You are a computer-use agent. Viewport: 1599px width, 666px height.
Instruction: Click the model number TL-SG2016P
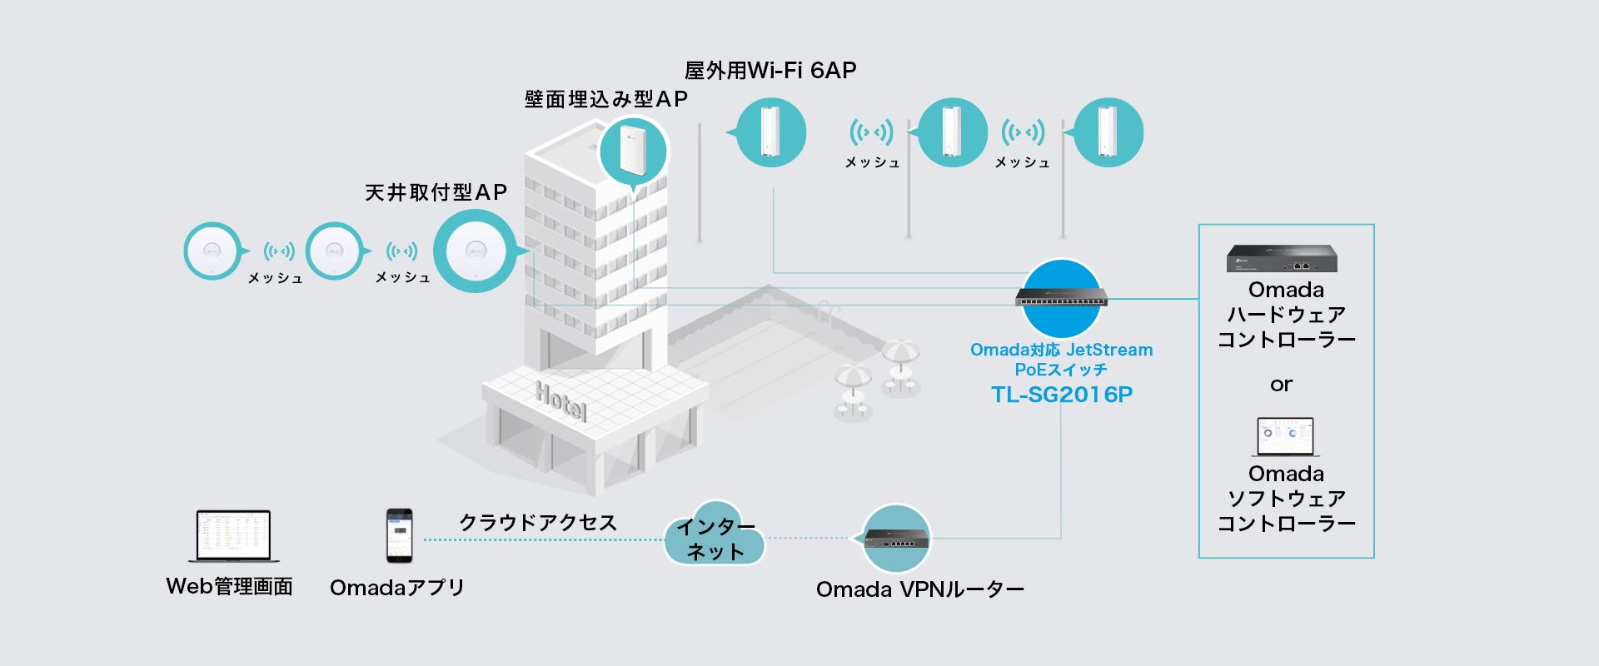(1062, 394)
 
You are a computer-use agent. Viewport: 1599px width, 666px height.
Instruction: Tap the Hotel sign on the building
(561, 401)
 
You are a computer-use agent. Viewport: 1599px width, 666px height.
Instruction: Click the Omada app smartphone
(399, 535)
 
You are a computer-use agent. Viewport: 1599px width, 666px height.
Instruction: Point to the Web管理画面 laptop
(233, 535)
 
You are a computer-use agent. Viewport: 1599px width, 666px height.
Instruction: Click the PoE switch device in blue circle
(1061, 297)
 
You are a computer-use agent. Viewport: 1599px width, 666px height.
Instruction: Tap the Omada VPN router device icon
(895, 539)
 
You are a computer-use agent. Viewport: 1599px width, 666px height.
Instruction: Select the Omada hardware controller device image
(1282, 258)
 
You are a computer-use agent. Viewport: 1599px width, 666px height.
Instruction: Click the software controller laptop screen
(1285, 435)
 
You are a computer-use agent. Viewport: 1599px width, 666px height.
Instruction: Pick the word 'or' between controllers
(1281, 385)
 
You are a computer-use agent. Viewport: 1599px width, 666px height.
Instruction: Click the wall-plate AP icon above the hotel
(633, 151)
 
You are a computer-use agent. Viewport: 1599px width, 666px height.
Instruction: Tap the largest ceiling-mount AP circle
(475, 251)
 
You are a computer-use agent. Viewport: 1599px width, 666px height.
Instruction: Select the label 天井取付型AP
(436, 192)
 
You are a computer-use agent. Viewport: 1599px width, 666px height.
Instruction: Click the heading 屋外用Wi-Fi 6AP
(770, 71)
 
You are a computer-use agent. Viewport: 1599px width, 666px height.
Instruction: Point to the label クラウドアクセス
(538, 522)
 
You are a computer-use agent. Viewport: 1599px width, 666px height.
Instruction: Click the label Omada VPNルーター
(919, 589)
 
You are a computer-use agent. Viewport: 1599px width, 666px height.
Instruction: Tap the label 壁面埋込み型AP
(606, 99)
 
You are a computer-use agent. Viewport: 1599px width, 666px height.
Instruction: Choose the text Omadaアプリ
(397, 588)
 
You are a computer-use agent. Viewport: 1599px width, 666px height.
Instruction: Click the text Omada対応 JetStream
(1061, 350)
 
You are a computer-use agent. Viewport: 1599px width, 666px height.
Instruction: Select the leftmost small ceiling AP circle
(212, 251)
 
